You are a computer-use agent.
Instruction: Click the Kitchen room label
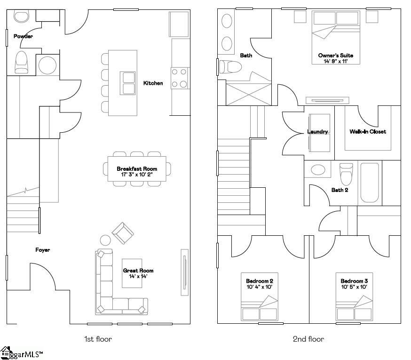[x=153, y=83]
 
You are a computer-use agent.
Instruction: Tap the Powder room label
[x=23, y=36]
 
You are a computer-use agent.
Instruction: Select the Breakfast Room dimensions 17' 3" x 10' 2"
[x=137, y=175]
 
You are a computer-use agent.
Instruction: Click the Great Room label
[x=138, y=271]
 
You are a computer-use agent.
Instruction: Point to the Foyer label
[x=43, y=250]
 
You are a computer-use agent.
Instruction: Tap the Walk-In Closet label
[x=368, y=132]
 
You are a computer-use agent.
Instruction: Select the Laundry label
[x=317, y=132]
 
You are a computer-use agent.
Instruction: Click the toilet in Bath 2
[x=346, y=174]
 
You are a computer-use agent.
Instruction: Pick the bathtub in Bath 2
[x=370, y=183]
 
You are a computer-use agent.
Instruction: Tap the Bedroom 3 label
[x=354, y=281]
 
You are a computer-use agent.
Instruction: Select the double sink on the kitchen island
[x=128, y=83]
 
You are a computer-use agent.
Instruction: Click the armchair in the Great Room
[x=122, y=232]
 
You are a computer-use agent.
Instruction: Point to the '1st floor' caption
[x=98, y=339]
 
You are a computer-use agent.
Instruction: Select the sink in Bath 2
[x=318, y=170]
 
